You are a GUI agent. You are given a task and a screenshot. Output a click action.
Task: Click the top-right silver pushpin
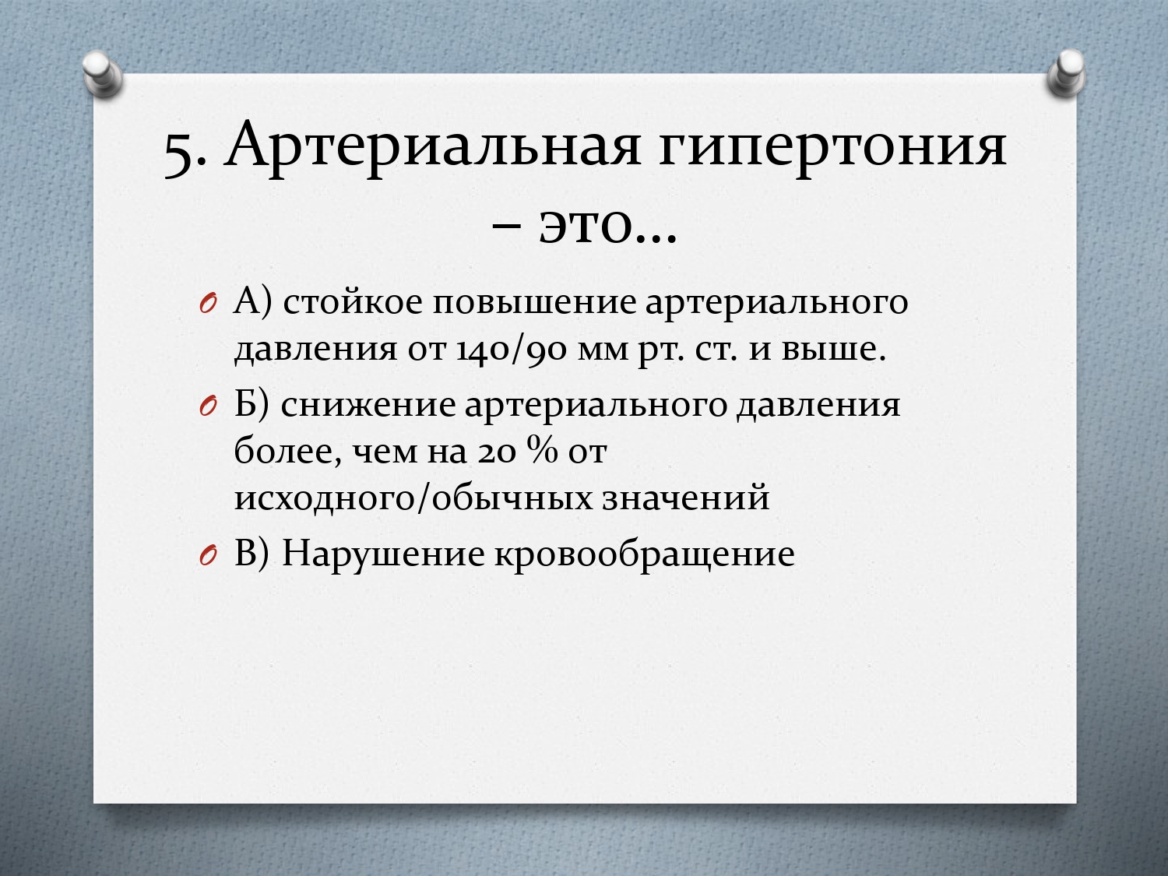[1066, 73]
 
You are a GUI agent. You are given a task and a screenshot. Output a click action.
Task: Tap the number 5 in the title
[179, 155]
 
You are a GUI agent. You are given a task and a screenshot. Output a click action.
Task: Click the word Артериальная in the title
[431, 146]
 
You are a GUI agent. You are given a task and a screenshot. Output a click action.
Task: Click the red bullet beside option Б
[208, 408]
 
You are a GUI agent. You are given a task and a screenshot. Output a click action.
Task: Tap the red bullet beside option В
[208, 556]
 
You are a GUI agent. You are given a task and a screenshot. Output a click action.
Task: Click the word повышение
[533, 303]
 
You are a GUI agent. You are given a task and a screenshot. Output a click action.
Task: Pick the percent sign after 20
[542, 450]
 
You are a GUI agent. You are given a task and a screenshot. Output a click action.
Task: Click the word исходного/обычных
[413, 498]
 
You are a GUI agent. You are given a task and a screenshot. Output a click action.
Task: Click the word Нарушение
[382, 554]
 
